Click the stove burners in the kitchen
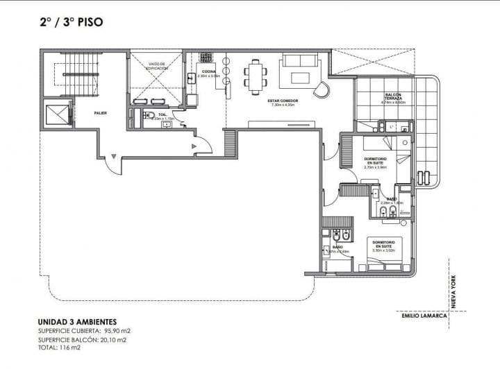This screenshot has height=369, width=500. (x=207, y=58)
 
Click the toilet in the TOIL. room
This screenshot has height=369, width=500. (x=148, y=117)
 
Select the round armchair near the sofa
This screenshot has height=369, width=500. (x=322, y=90)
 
